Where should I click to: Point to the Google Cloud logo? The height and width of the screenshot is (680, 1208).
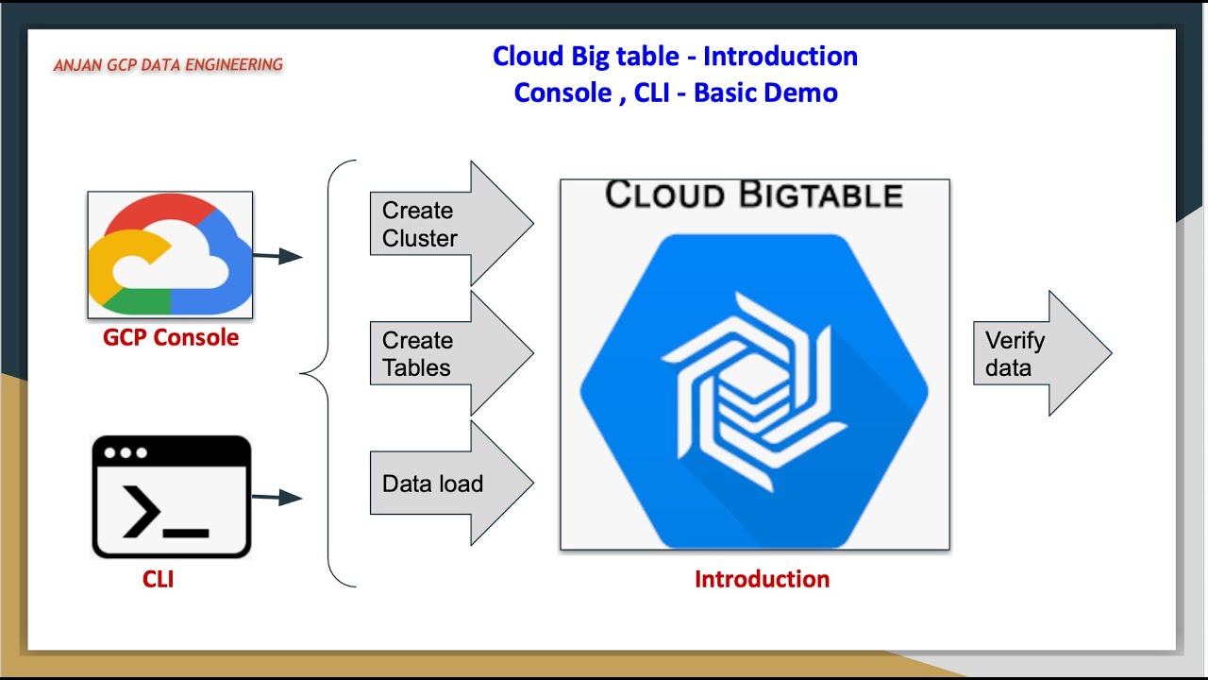point(170,256)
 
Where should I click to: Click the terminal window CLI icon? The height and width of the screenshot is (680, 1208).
point(171,497)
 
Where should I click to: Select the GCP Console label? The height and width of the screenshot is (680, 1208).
point(171,337)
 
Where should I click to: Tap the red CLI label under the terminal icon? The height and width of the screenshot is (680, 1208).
point(158,579)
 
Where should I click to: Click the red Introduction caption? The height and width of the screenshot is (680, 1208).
point(762,579)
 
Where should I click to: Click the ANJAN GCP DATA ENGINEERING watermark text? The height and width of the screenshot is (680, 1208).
point(168,65)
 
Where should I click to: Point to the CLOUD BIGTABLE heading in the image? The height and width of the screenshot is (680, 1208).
point(753,195)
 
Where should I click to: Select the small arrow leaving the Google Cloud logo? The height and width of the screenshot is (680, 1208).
point(277,256)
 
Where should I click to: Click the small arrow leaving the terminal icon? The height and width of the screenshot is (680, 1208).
point(277,498)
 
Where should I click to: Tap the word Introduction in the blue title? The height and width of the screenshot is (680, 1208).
point(780,56)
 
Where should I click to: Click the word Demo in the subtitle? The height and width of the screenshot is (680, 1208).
point(801,93)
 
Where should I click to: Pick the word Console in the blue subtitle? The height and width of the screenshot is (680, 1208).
point(562,93)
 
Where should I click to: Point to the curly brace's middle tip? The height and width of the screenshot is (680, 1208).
point(303,374)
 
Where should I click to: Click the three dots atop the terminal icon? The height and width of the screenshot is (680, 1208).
point(120,452)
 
